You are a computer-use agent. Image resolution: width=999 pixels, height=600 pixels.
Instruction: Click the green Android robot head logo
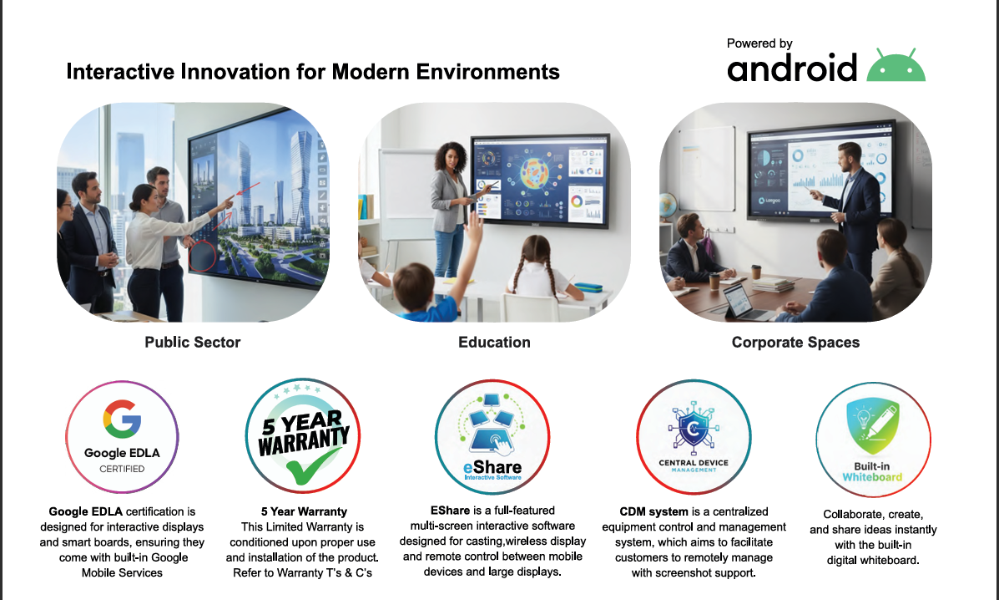click(896, 65)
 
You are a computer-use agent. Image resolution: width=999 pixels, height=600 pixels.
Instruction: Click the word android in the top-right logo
click(792, 68)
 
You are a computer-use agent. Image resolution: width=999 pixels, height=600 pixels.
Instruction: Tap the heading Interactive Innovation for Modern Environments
click(313, 71)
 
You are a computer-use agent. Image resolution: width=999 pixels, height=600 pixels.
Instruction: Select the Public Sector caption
click(193, 343)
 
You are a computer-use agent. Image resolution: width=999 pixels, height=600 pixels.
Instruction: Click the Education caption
click(494, 343)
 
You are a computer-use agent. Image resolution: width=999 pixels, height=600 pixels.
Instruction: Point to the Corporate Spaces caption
click(795, 343)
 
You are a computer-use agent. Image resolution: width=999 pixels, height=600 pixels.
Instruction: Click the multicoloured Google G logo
click(122, 419)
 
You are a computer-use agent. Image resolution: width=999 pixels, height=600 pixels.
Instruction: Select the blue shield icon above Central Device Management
click(694, 427)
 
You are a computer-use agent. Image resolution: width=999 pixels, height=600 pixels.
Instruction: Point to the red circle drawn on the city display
click(203, 256)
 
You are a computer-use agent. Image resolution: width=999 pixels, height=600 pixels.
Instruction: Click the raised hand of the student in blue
click(473, 227)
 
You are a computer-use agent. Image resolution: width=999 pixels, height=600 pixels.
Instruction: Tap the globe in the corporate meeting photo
click(668, 206)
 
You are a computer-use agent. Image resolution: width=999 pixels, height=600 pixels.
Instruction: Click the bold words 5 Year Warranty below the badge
click(304, 511)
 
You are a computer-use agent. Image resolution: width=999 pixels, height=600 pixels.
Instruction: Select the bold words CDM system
click(653, 511)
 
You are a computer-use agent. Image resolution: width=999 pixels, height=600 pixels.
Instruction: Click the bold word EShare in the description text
click(450, 510)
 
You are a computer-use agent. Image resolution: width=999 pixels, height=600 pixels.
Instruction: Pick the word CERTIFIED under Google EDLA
click(122, 469)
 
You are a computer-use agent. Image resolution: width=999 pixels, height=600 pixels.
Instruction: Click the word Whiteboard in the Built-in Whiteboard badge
click(872, 477)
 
